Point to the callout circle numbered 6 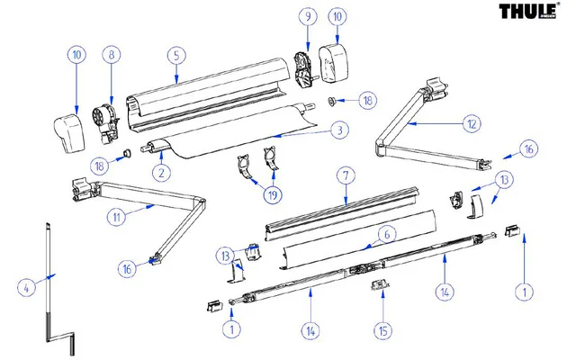pyautogui.click(x=385, y=234)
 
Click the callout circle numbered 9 pyautogui.click(x=308, y=17)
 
